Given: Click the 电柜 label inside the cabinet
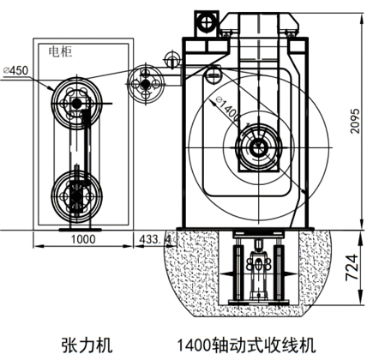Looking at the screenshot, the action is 60,51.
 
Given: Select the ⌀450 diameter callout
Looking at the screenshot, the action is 16,70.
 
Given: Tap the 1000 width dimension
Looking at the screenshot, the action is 83,239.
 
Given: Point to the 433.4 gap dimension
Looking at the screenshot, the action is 155,239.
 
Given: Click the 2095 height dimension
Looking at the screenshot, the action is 356,121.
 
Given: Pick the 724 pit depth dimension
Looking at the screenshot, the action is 352,267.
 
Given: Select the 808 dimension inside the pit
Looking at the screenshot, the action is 259,264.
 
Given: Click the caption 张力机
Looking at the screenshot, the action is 87,345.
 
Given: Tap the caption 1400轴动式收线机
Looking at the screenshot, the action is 247,345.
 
